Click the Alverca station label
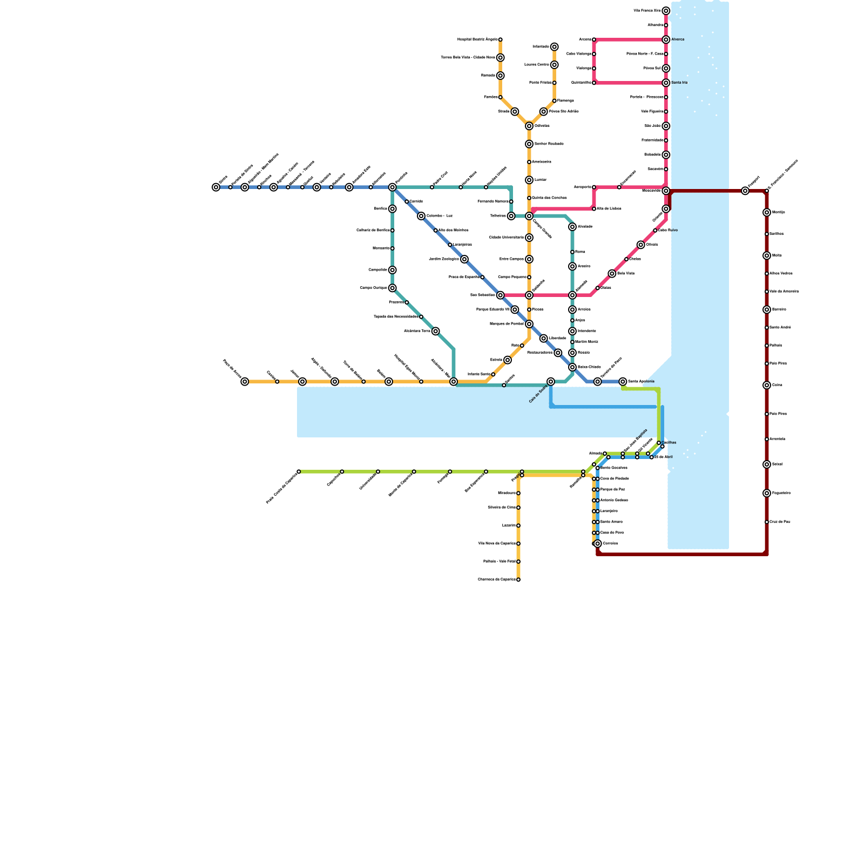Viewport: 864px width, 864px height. (678, 39)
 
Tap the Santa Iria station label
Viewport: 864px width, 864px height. (679, 83)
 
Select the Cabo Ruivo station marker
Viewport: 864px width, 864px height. (655, 231)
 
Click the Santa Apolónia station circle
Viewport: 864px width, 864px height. (623, 382)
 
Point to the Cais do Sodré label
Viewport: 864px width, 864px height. (538, 394)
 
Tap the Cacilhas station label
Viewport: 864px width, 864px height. (669, 443)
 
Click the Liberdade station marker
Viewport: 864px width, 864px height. (544, 339)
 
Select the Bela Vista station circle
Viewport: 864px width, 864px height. (612, 274)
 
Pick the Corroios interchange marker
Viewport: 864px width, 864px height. (598, 544)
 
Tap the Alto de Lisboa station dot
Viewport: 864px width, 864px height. (594, 209)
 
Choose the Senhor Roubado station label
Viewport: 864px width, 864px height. (549, 144)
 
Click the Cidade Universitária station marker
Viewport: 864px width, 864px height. (529, 238)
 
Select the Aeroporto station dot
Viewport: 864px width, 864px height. (594, 187)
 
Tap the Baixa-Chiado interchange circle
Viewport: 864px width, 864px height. (572, 367)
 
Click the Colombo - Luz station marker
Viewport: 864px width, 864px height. (421, 216)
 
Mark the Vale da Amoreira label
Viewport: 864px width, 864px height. (784, 292)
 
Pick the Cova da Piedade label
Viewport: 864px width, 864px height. (615, 479)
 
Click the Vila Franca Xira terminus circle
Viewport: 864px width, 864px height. (666, 11)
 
